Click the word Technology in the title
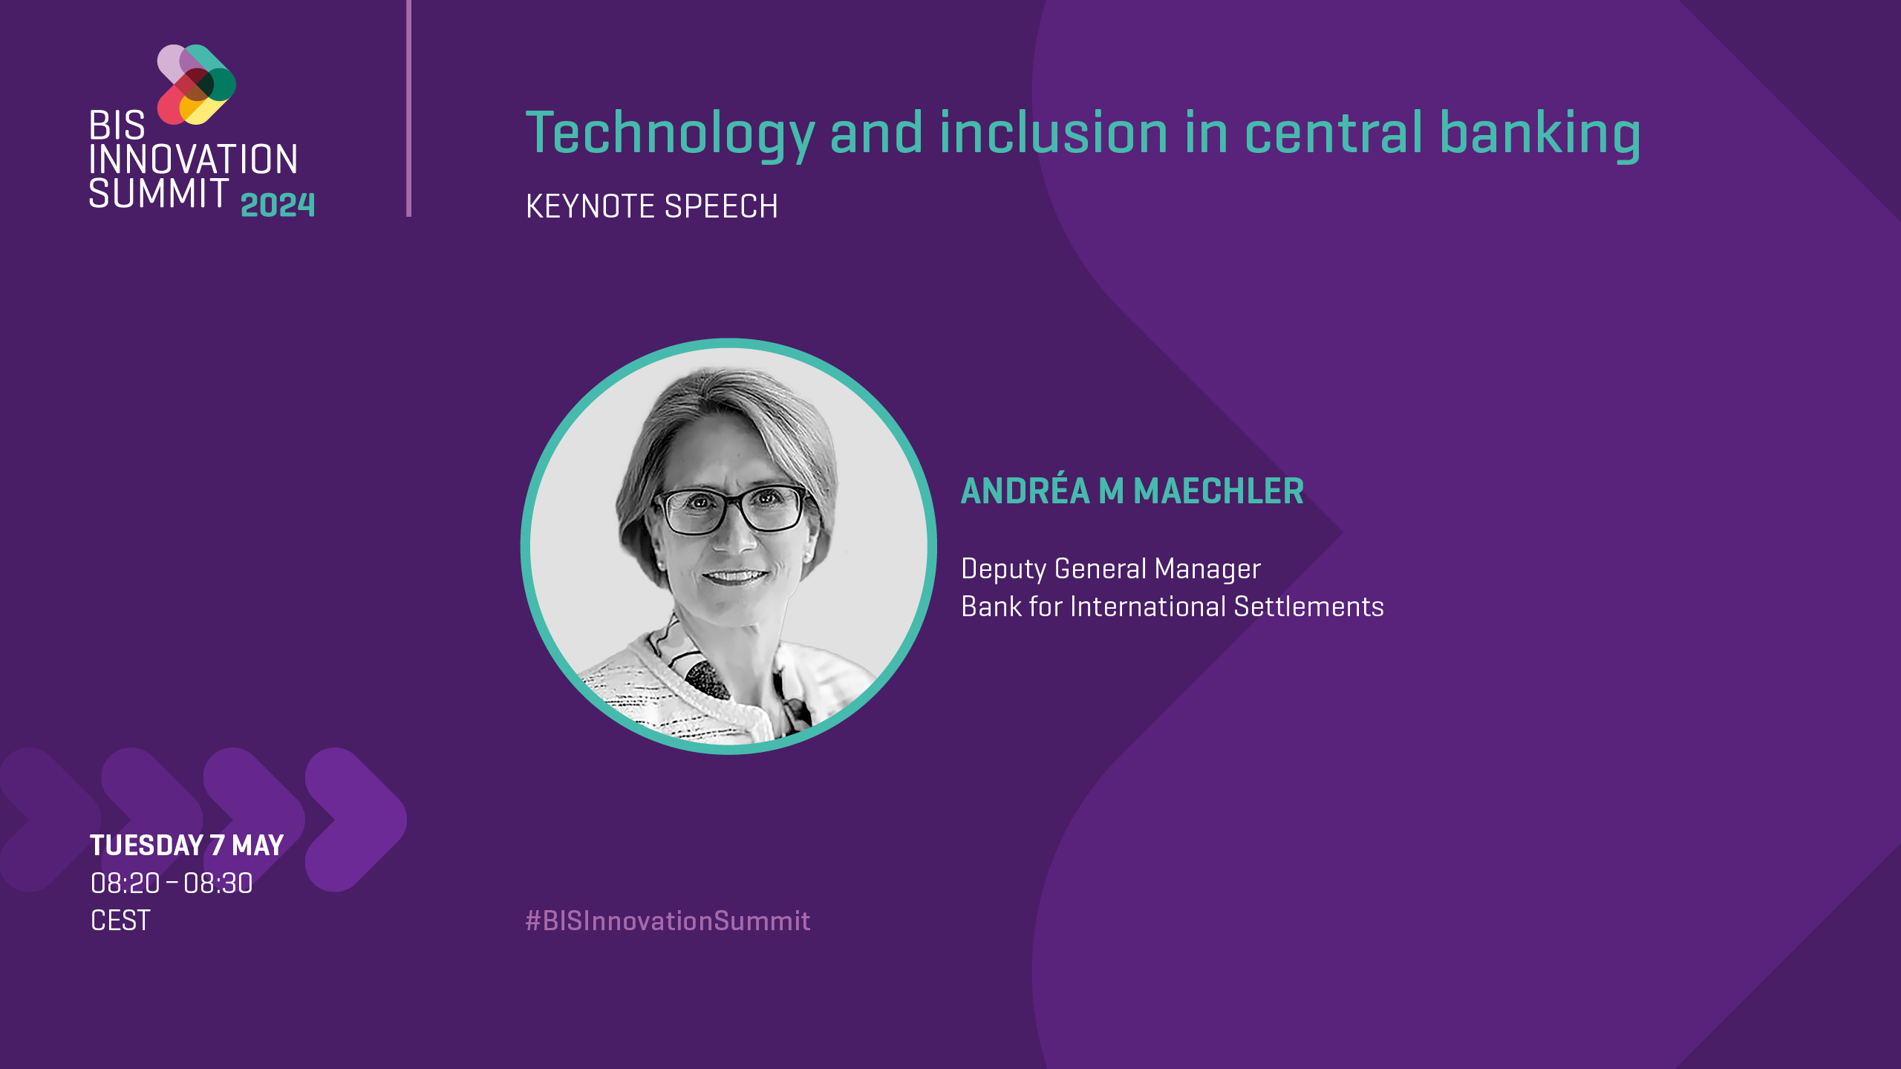pos(671,134)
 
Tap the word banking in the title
pos(1540,134)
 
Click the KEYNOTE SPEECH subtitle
pos(651,206)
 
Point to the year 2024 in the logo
pos(278,205)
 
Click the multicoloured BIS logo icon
pos(197,85)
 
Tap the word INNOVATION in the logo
pos(193,160)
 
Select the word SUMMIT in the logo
pos(158,193)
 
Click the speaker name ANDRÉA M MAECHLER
pos(1132,491)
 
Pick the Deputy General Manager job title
pos(1111,569)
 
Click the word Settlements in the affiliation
pos(1308,607)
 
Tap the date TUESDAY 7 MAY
pos(187,846)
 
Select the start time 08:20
pos(125,883)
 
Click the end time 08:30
pos(218,883)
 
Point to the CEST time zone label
pos(120,921)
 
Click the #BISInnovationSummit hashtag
pos(668,921)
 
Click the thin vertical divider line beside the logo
pos(408,108)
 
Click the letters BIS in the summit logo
pos(117,125)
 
